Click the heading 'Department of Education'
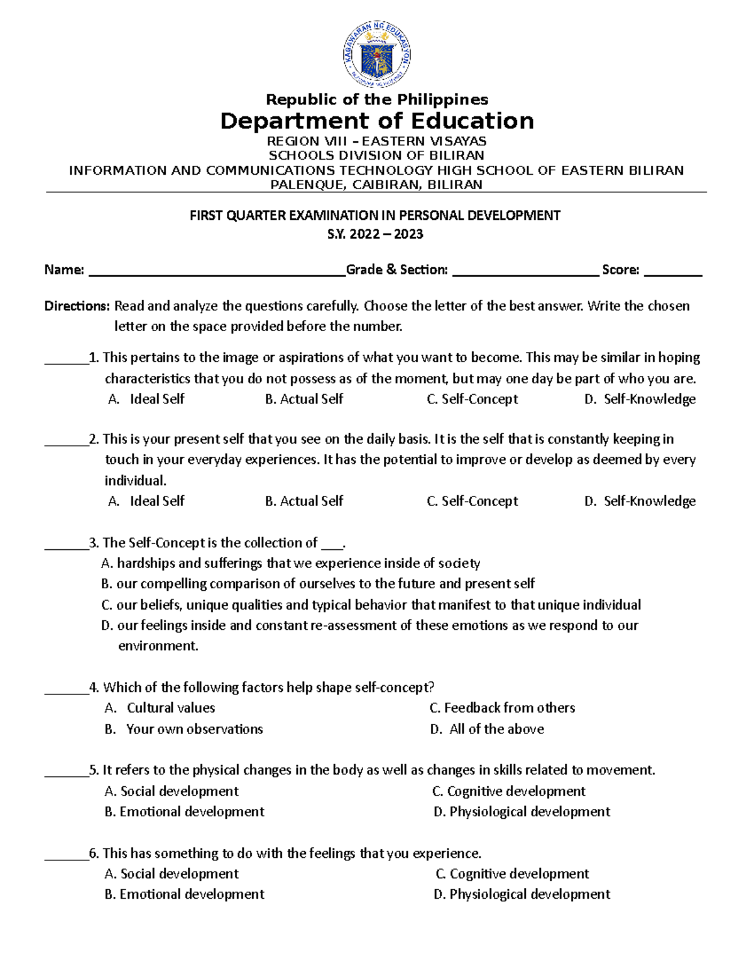click(376, 121)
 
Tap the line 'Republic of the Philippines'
click(376, 99)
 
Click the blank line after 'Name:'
click(217, 271)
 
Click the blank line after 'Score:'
click(673, 271)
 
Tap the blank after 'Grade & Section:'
click(525, 271)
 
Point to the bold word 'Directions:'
click(77, 306)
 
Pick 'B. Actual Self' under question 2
click(304, 501)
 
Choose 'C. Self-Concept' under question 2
click(472, 501)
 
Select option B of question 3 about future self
click(317, 584)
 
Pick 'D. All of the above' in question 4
click(487, 729)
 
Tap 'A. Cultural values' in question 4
click(160, 708)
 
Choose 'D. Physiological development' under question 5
click(522, 812)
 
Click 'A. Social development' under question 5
click(172, 791)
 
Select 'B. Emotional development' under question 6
click(184, 894)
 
